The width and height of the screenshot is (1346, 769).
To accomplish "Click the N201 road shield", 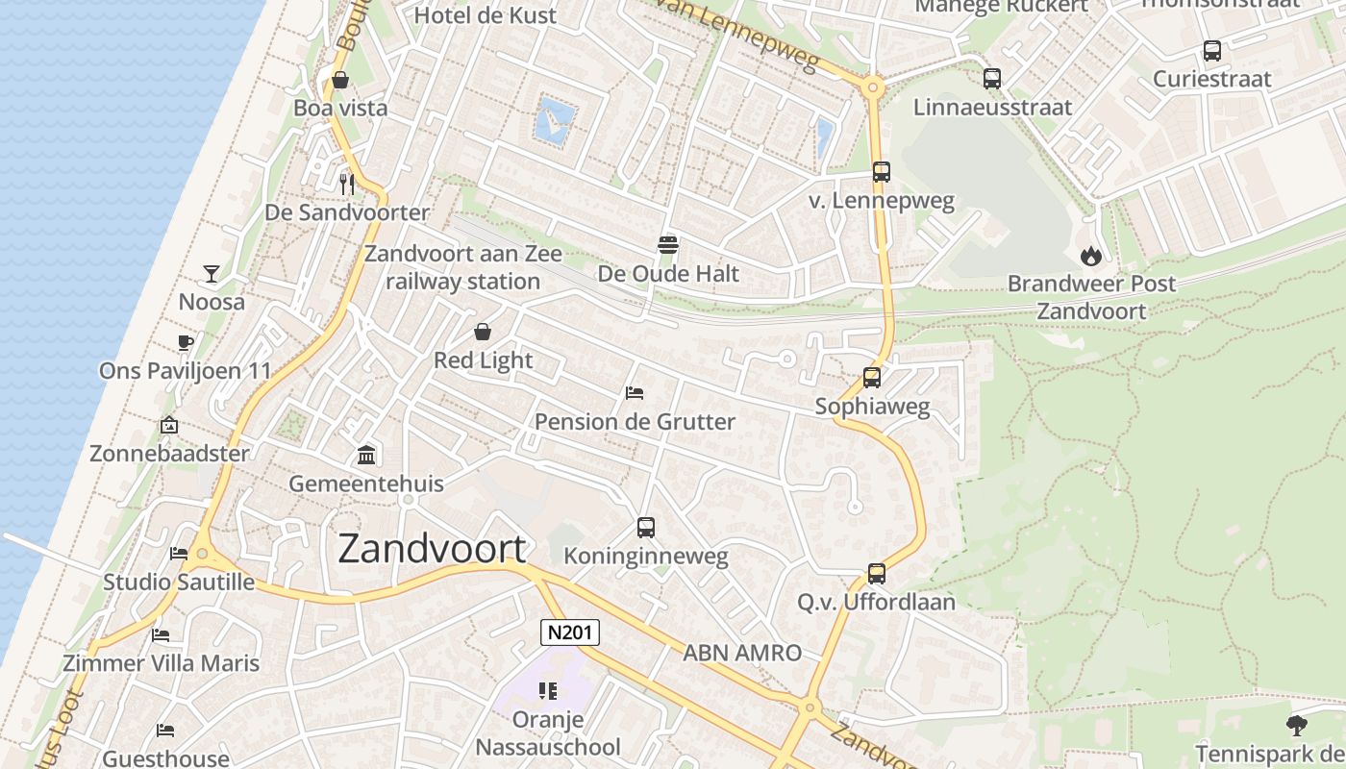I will click(x=570, y=632).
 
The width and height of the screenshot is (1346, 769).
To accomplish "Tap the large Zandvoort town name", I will click(x=432, y=549).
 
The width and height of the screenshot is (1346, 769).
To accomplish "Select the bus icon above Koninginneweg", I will click(x=646, y=527).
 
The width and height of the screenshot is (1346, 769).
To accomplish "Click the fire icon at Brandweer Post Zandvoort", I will click(x=1090, y=255).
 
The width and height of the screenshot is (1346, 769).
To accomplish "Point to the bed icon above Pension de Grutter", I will click(x=635, y=393).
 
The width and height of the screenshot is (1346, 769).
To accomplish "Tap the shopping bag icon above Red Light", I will click(x=483, y=332).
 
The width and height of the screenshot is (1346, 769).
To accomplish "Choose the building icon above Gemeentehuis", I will click(x=366, y=455).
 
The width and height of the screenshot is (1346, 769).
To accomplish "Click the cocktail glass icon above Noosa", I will click(x=212, y=274).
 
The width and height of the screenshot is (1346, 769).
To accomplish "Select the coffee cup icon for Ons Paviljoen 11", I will click(x=186, y=343).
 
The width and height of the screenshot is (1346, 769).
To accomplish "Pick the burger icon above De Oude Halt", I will click(x=668, y=245).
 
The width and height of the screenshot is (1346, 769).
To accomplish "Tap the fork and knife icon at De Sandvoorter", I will click(x=347, y=184).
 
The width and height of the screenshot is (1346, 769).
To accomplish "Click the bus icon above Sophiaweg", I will click(x=872, y=378).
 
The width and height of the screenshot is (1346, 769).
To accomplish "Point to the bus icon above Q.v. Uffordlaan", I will click(x=876, y=574).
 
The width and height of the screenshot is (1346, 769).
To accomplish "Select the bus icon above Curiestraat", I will click(x=1212, y=51).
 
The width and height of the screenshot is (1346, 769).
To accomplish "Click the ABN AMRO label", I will click(x=742, y=654).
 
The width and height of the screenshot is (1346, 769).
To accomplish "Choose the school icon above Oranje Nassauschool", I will click(x=548, y=690).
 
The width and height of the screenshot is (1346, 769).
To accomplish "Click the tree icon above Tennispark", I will click(x=1297, y=725).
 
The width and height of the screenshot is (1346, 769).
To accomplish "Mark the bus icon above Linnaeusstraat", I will click(x=992, y=79).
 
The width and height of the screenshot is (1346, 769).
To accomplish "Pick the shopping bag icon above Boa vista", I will click(x=340, y=80).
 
